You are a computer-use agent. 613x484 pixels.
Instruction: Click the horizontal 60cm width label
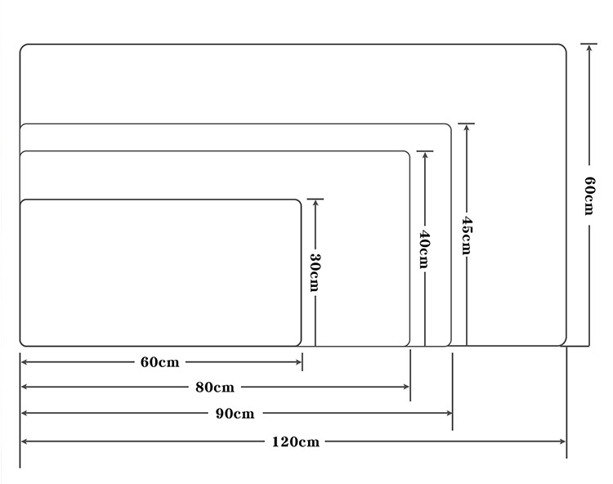coord(159,362)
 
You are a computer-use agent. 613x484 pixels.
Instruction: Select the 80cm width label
coord(215,388)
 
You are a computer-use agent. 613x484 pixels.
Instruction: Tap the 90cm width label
coord(235,414)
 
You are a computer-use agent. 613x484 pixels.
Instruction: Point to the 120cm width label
coord(296,442)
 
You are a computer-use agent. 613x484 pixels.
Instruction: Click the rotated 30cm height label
coord(315,272)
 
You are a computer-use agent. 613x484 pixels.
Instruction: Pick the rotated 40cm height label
coord(424,249)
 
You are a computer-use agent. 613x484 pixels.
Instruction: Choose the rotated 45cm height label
coord(467,235)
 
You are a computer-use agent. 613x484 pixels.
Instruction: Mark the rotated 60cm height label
coord(589,195)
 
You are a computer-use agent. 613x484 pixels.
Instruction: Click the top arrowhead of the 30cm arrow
coord(315,203)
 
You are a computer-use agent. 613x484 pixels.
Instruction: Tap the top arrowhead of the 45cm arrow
coord(467,127)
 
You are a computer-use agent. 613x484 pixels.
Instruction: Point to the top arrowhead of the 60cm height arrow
coord(588,47)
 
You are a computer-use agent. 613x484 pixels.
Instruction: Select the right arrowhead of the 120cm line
coord(563,441)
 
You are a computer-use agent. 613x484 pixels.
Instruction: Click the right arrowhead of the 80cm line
coord(406,387)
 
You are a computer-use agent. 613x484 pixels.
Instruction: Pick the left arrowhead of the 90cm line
coord(25,413)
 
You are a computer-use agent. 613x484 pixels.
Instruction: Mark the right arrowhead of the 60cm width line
coord(298,362)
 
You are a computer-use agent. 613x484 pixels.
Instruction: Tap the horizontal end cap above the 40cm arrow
coord(424,151)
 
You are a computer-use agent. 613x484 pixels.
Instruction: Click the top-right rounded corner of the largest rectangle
coord(564,47)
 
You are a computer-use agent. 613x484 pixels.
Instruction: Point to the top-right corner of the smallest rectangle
coord(299,202)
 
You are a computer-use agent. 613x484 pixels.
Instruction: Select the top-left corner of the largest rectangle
coord(22,47)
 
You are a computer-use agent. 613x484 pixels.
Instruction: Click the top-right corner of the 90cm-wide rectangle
coord(449,126)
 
